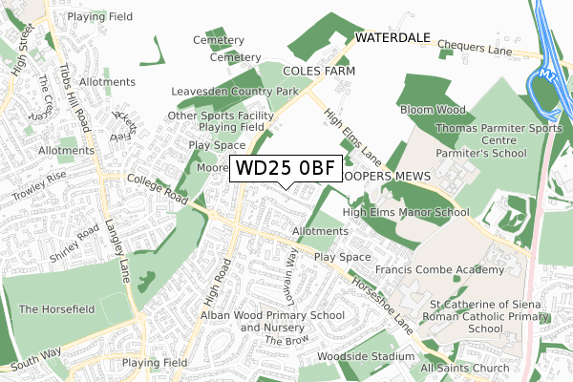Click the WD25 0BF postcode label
coord(285,169)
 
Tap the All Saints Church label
coord(465,369)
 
